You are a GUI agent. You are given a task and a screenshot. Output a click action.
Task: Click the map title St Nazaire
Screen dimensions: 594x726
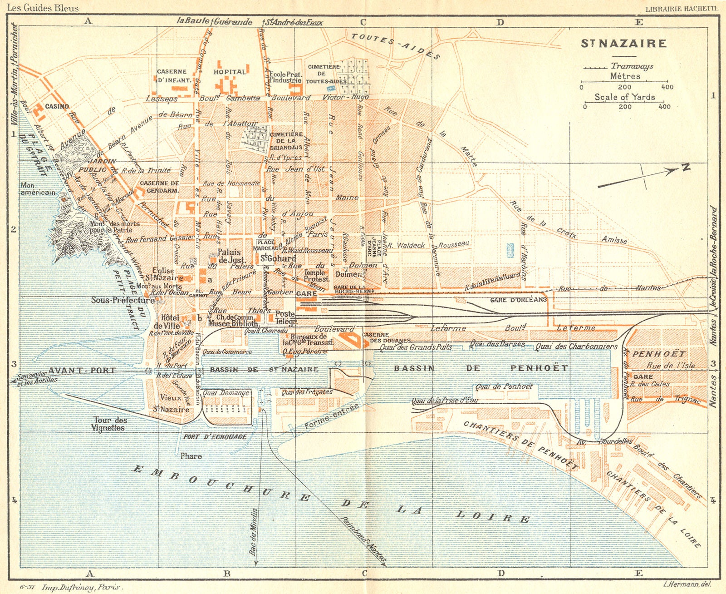click(x=624, y=44)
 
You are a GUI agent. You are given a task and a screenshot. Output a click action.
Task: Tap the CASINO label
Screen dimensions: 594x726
click(x=57, y=106)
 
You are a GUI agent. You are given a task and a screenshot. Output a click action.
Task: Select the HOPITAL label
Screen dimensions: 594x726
click(x=230, y=72)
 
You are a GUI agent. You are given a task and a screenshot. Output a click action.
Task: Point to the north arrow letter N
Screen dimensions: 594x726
click(x=686, y=168)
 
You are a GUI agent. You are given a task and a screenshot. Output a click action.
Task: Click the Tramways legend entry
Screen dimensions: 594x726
click(x=632, y=66)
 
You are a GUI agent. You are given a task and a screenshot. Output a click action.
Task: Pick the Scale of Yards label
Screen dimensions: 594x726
click(x=625, y=97)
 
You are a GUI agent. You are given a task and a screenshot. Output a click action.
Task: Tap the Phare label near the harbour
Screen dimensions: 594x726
click(x=191, y=456)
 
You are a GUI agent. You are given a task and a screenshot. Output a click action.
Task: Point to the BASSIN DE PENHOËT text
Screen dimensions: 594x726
click(x=481, y=368)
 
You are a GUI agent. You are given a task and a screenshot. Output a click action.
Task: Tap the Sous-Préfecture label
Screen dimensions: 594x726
click(x=123, y=300)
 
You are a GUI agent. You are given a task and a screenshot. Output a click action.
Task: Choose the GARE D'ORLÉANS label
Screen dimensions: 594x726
click(x=519, y=300)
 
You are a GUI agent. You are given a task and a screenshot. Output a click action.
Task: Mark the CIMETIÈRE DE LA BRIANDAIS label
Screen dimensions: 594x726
click(x=286, y=141)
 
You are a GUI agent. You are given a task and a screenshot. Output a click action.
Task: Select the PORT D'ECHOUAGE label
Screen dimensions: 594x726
click(x=215, y=437)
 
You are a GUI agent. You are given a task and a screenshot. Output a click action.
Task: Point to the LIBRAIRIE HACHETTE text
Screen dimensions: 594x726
click(x=682, y=8)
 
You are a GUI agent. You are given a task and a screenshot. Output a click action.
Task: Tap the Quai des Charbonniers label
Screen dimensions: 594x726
click(x=576, y=346)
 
